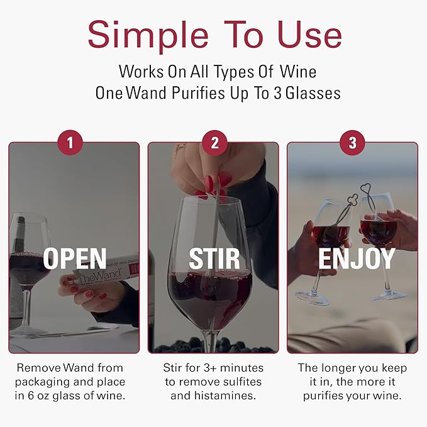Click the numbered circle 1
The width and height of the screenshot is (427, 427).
tap(70, 143)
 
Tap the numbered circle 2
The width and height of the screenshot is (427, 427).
tap(214, 143)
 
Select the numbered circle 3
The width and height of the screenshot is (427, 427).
tap(352, 143)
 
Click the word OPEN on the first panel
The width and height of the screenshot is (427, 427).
tap(75, 258)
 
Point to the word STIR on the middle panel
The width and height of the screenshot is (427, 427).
tap(214, 258)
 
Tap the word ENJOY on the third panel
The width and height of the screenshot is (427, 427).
tap(356, 258)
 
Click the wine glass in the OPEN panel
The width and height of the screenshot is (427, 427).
tap(28, 258)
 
